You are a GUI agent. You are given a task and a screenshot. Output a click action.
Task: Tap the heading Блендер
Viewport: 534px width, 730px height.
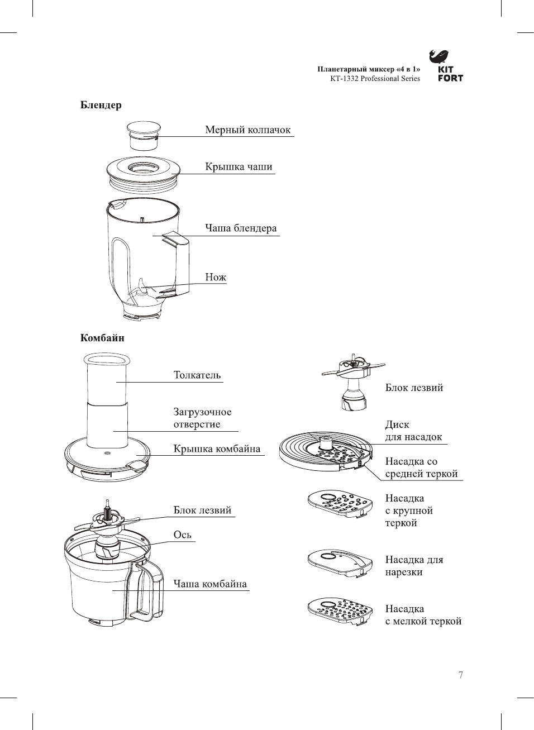pos(101,105)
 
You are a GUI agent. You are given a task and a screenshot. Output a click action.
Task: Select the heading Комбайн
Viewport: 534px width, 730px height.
pos(102,338)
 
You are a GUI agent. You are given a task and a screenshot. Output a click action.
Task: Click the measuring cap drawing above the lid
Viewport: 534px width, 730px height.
pos(144,135)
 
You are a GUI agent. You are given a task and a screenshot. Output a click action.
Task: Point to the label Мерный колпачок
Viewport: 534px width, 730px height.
pos(247,130)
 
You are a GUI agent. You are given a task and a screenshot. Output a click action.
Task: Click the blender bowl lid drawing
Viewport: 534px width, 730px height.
pos(144,171)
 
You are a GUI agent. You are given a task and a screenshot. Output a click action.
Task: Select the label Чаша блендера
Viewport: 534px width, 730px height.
pos(240,228)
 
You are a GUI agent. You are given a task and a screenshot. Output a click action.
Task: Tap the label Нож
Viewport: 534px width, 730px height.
pos(215,277)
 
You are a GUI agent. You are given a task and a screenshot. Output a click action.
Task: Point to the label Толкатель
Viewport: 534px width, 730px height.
pos(197,375)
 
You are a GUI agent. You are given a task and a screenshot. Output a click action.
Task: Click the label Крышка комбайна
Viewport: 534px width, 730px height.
pos(217,449)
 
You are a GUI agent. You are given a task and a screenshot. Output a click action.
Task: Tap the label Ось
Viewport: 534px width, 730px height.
pos(182,535)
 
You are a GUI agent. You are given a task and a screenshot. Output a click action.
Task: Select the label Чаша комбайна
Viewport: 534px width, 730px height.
pos(209,584)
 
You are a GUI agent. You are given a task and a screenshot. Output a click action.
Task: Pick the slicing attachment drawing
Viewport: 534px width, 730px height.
pos(340,562)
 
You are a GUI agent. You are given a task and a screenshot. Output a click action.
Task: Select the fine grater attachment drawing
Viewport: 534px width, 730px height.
pos(340,612)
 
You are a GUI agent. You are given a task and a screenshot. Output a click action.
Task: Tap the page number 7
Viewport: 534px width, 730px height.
pos(461,675)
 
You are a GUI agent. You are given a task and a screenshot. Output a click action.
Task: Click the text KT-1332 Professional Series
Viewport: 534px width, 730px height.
pos(375,79)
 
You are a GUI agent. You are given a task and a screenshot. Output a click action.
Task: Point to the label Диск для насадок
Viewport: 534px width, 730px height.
pos(413,431)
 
